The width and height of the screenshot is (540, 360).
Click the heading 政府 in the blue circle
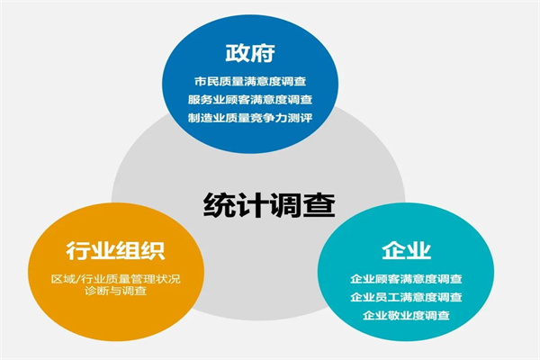[x=250, y=53]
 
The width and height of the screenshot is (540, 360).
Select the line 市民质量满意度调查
[x=250, y=82]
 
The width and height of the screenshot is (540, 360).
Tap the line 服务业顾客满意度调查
[x=250, y=100]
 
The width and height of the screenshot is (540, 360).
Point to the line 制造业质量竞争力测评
[x=250, y=118]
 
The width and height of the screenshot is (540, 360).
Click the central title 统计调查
[x=269, y=205]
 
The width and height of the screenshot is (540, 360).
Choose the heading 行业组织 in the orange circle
[x=116, y=251]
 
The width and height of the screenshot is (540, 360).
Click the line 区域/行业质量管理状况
[x=116, y=279]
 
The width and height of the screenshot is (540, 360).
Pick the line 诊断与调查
[x=116, y=291]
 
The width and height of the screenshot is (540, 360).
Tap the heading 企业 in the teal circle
[x=407, y=250]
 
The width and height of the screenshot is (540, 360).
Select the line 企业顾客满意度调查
[x=407, y=279]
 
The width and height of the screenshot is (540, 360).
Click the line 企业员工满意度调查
[x=407, y=297]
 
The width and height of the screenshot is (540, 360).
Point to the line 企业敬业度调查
[x=407, y=315]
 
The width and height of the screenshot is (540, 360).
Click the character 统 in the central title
[x=219, y=205]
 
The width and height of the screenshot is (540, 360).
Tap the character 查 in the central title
[x=319, y=205]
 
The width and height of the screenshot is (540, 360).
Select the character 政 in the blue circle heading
[x=238, y=53]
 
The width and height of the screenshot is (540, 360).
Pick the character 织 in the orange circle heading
[x=154, y=251]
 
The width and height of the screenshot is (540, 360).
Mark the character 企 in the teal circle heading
[x=394, y=250]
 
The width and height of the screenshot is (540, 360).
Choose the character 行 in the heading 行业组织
[x=78, y=251]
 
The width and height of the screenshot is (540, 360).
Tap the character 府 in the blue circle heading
[x=263, y=53]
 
